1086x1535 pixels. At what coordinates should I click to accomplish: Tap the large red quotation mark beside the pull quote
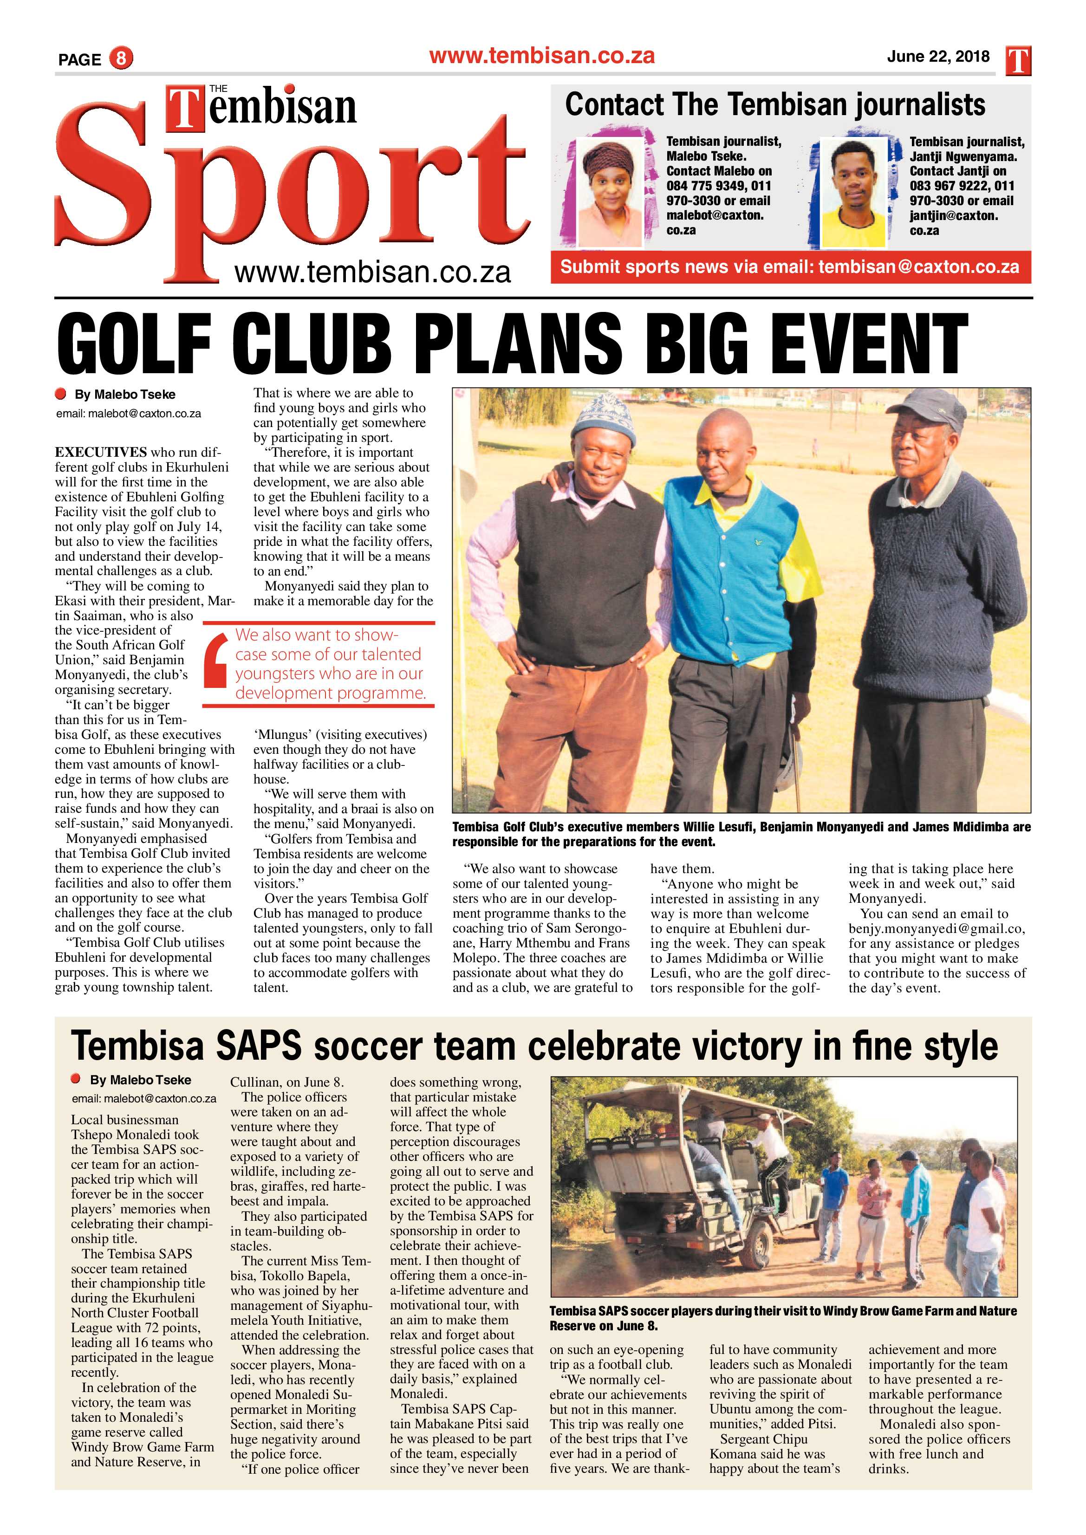coord(217,662)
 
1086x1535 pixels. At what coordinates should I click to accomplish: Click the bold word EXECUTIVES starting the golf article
coord(101,453)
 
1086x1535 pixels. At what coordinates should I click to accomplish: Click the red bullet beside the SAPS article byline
coord(76,1079)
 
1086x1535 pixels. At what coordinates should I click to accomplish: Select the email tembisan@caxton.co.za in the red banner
coord(918,267)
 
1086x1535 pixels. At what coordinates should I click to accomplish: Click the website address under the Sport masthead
coord(372,272)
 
